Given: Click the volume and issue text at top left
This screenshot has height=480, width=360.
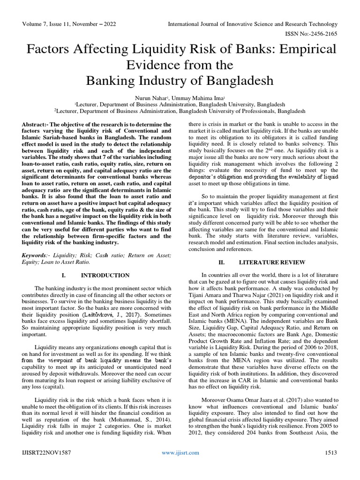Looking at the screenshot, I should pyautogui.click(x=61, y=23).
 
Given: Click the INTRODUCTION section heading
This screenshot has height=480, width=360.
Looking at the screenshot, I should pyautogui.click(x=108, y=275).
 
